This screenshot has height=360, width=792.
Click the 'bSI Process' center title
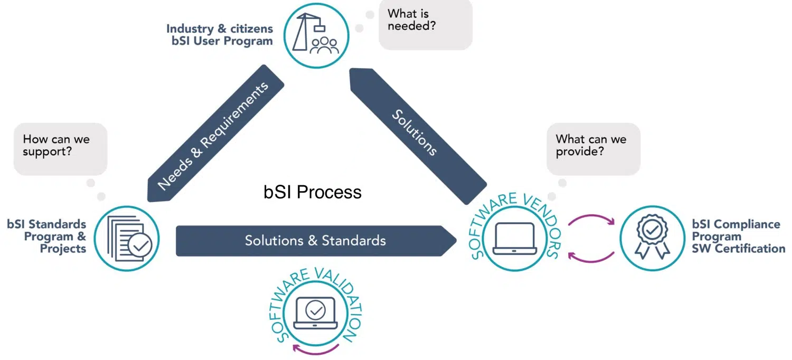pos(313,192)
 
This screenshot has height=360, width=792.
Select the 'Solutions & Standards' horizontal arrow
pos(315,241)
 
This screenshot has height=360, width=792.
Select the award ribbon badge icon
pos(652,238)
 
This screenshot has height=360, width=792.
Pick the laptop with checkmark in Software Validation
pos(315,313)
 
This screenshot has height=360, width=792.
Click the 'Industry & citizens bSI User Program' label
pos(220,35)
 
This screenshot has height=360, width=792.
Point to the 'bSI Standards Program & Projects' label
pos(47,236)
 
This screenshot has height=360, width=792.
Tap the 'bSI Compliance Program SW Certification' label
pos(738,236)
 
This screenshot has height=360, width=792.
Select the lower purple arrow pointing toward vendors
pos(591,257)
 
